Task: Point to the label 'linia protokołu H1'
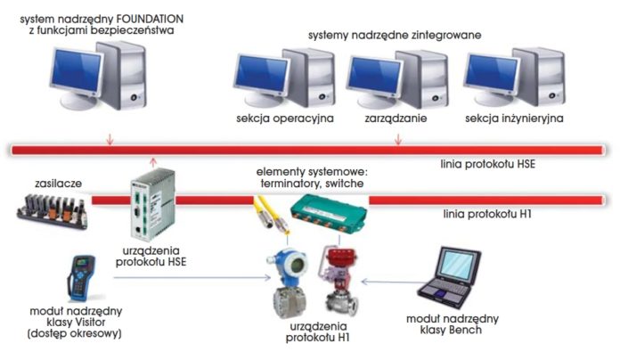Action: pos(485,215)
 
